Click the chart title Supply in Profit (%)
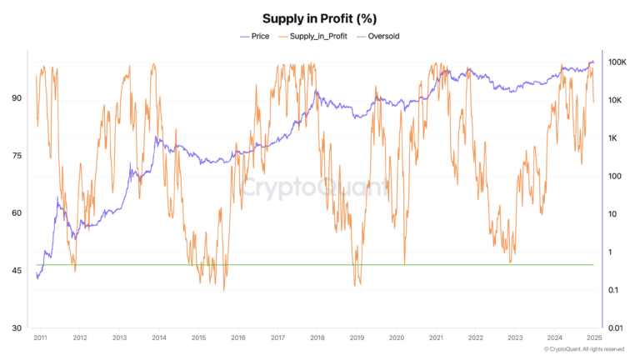click(x=319, y=18)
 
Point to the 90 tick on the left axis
click(x=16, y=98)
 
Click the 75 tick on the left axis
click(x=16, y=156)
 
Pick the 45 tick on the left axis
click(x=16, y=271)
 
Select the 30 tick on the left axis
click(x=16, y=328)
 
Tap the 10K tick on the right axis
click(x=617, y=100)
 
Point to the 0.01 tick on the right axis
click(x=617, y=328)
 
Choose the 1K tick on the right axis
click(x=615, y=138)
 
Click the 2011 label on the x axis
click(x=39, y=338)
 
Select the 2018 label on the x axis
click(x=317, y=338)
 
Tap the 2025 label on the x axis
click(x=594, y=338)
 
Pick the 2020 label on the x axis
click(x=397, y=338)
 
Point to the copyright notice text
click(x=583, y=349)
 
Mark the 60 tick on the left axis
click(x=16, y=213)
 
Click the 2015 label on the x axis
click(x=198, y=338)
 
